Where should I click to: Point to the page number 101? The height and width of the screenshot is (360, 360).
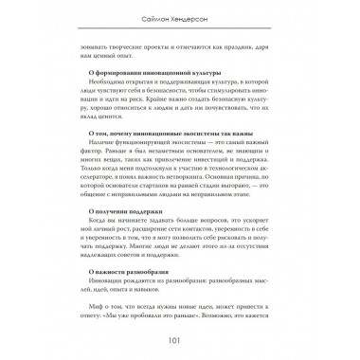point(179,343)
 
